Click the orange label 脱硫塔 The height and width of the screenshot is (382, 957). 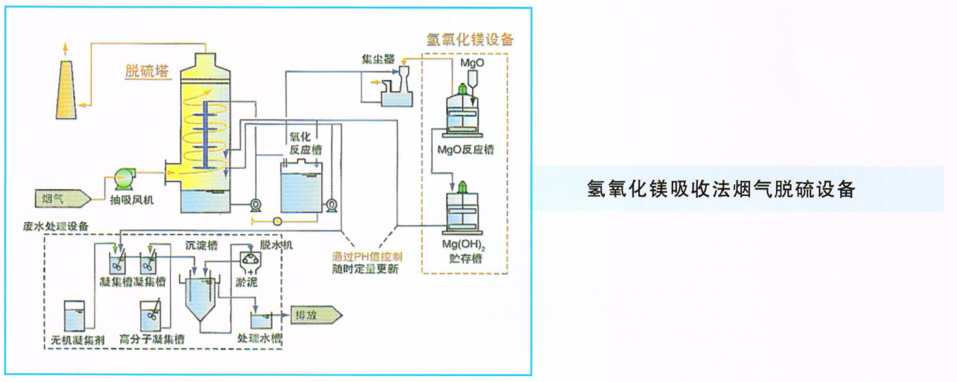[x=147, y=72]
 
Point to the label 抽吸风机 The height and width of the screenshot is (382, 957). [x=131, y=200]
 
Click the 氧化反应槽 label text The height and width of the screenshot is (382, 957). [x=305, y=143]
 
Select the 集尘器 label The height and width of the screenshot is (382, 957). [x=378, y=59]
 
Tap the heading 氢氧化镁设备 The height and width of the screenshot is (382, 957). [x=470, y=40]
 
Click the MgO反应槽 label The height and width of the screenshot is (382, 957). [x=465, y=150]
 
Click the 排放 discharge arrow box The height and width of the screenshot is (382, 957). [x=315, y=315]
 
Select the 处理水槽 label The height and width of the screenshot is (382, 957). [x=259, y=338]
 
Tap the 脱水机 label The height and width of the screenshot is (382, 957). [x=276, y=245]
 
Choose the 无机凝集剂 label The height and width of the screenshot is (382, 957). [x=78, y=340]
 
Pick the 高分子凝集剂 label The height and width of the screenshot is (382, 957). [x=152, y=339]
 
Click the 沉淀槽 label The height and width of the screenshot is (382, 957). [x=201, y=245]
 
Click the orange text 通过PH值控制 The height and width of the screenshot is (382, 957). [x=367, y=256]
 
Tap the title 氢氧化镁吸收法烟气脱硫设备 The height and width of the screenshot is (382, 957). [x=720, y=189]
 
